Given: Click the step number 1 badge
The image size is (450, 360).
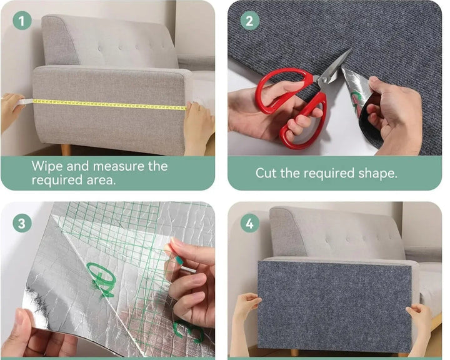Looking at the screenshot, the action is tap(22, 21).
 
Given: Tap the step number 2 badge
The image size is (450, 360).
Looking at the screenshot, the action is tap(249, 21).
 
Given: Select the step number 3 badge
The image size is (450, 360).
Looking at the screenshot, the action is tap(22, 223).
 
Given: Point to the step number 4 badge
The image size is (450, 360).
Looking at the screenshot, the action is tap(249, 223).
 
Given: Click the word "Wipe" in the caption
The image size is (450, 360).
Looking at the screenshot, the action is tap(47, 166).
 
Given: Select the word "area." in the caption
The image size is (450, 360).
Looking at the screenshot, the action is tap(101, 180).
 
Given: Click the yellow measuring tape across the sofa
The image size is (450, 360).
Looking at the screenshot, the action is tap(109, 105).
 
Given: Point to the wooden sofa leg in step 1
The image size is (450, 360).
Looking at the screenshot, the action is tap(66, 149).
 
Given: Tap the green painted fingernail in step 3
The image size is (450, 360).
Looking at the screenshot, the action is tap(179, 261).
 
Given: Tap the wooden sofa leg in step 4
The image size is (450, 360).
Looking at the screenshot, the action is tap(294, 353).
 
